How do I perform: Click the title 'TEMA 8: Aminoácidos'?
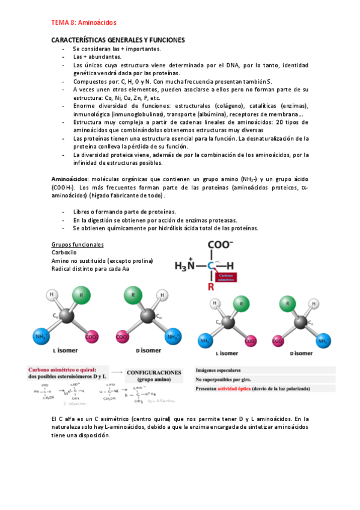[x=84, y=22]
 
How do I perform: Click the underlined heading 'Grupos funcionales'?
[x=78, y=245]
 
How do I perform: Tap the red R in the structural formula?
[x=211, y=287]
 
